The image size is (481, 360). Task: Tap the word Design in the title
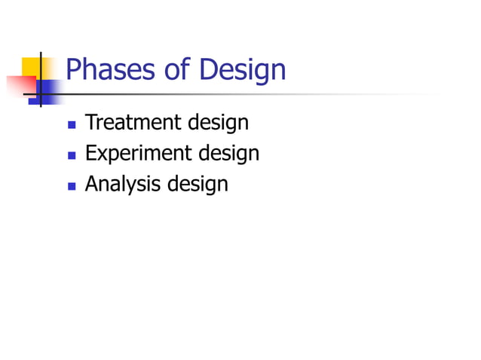coord(244,72)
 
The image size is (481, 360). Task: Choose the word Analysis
coord(122,184)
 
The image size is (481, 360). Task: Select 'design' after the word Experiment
coord(228,154)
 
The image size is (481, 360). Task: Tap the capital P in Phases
coord(72,71)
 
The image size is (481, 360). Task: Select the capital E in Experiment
coord(90,153)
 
